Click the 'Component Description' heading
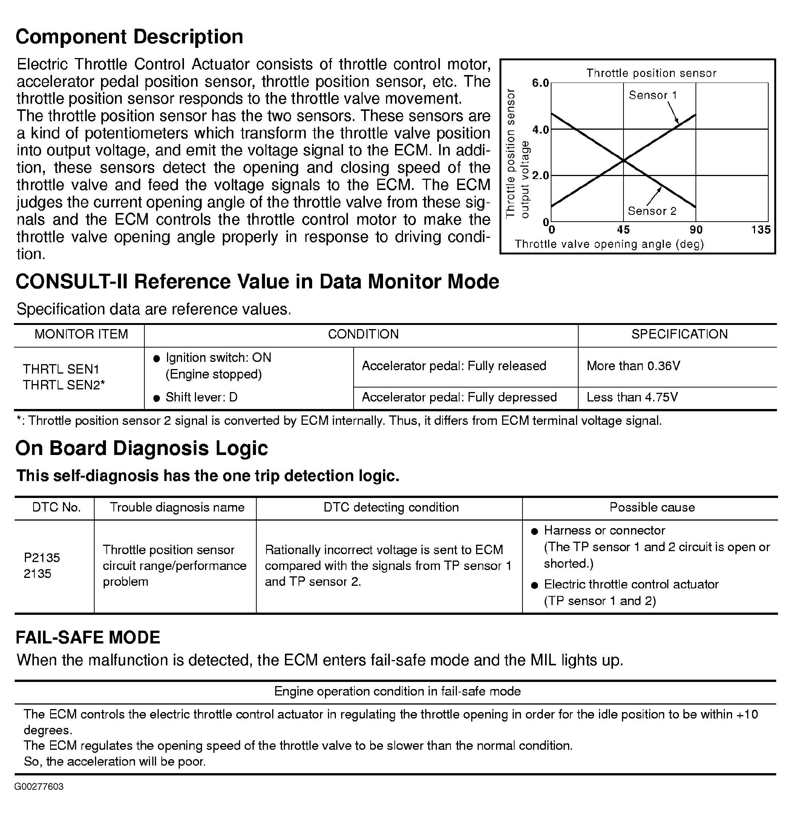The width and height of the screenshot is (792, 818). (129, 37)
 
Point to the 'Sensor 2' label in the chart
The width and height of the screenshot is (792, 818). (652, 211)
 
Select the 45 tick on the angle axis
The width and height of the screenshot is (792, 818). (623, 230)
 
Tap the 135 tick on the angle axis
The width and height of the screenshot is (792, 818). (761, 230)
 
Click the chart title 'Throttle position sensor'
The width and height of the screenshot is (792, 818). (651, 74)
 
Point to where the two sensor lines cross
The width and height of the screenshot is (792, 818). (623, 160)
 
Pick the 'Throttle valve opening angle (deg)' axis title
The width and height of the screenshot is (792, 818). (609, 245)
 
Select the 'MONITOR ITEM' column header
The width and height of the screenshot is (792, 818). (81, 334)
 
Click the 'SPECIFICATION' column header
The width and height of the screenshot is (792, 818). (679, 334)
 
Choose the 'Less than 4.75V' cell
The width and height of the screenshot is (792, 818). (632, 397)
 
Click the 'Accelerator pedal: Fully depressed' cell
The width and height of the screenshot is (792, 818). (459, 397)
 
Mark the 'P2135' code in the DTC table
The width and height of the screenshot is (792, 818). (42, 558)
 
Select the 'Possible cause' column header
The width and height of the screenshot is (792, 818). (652, 507)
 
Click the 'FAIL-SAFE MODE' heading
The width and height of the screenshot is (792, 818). (87, 638)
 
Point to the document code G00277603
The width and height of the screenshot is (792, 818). (39, 787)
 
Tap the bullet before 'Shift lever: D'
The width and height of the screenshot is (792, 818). (157, 398)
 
